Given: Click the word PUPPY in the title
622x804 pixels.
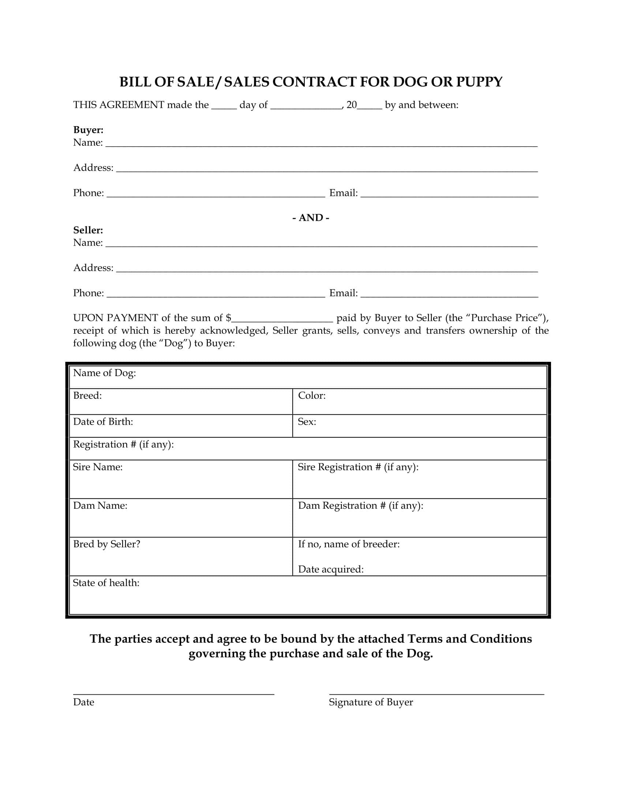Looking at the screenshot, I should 479,82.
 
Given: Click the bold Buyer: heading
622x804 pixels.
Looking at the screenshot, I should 88,130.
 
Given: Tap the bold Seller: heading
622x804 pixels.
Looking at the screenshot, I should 88,230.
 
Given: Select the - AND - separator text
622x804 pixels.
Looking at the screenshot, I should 311,217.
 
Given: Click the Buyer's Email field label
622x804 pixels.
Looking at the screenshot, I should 343,193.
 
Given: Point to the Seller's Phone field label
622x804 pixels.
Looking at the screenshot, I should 89,293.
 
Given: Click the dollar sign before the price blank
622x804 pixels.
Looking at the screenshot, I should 228,318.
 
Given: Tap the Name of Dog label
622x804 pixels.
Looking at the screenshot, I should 104,373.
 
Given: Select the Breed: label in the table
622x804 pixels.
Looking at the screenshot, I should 87,396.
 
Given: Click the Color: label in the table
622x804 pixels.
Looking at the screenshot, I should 312,396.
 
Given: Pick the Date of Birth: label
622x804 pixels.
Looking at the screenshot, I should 103,421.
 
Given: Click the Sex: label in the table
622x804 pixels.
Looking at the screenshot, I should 307,421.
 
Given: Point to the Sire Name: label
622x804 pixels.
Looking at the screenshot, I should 98,467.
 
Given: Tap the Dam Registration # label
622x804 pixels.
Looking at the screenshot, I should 360,506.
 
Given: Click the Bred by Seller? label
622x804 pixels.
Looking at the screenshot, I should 106,544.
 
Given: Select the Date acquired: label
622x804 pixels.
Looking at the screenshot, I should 330,569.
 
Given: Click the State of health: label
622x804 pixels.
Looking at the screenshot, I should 106,583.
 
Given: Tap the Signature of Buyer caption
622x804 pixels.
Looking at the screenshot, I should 371,702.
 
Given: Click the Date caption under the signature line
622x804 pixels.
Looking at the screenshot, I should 84,702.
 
